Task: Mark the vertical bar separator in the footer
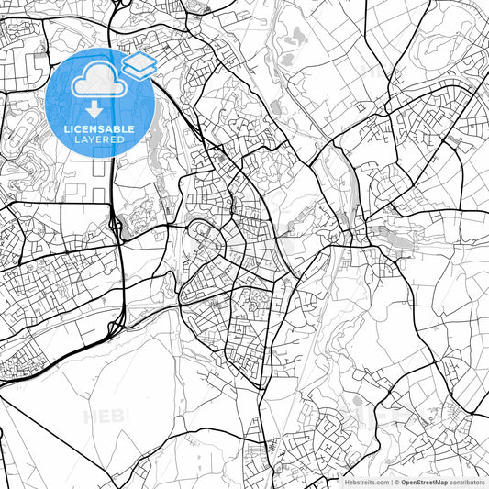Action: click(x=391, y=482)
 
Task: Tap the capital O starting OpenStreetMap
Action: click(x=405, y=482)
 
